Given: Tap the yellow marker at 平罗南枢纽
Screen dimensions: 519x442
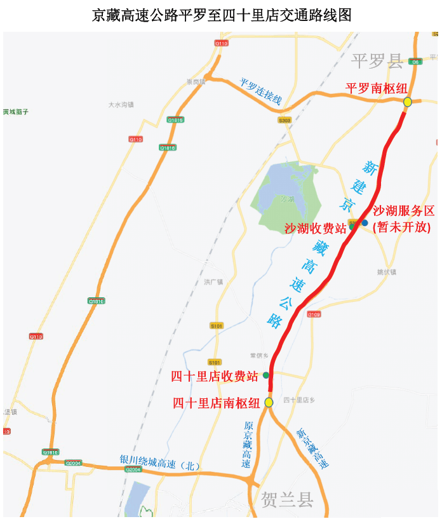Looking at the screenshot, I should point(408,102).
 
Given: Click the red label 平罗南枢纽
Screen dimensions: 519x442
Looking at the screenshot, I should point(377,88).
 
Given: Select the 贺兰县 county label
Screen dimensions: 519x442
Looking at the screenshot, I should point(287,500).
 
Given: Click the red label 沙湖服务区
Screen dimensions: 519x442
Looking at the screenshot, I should point(403,211).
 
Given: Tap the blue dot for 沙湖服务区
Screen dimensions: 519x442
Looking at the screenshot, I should point(365,222).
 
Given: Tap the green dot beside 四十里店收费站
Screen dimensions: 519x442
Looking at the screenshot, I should point(266,375).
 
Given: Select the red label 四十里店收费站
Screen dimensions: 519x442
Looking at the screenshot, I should point(215,376).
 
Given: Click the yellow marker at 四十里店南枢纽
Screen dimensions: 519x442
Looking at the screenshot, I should point(269,402).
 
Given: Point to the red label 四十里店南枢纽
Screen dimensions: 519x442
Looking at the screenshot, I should point(217,403).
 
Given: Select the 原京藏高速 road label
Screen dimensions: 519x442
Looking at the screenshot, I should point(248,444).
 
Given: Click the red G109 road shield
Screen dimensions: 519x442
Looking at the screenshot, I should point(314,314).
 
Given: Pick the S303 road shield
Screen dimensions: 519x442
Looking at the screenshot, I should point(285,119).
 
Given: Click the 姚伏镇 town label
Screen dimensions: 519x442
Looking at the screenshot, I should point(386,272).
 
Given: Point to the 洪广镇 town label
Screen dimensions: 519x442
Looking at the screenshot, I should point(213,281).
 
